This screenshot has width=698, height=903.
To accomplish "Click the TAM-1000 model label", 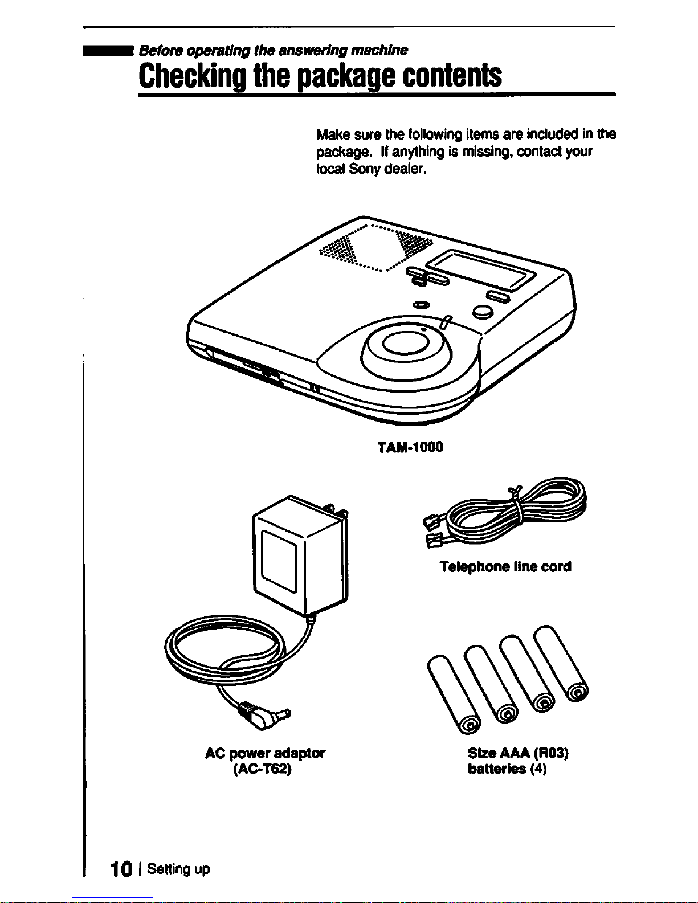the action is pyautogui.click(x=410, y=447).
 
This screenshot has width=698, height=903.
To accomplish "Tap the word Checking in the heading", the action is pyautogui.click(x=191, y=77).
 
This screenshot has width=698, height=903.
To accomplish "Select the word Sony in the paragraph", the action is pyautogui.click(x=364, y=169).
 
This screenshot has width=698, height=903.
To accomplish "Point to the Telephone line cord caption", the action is pyautogui.click(x=505, y=566).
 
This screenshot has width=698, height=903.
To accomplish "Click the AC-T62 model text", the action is pyautogui.click(x=263, y=769).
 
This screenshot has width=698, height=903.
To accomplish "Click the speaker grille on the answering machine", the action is pyautogui.click(x=376, y=248).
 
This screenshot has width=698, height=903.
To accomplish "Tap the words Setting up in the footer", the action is pyautogui.click(x=179, y=869).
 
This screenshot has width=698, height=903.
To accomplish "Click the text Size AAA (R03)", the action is pyautogui.click(x=518, y=753).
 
